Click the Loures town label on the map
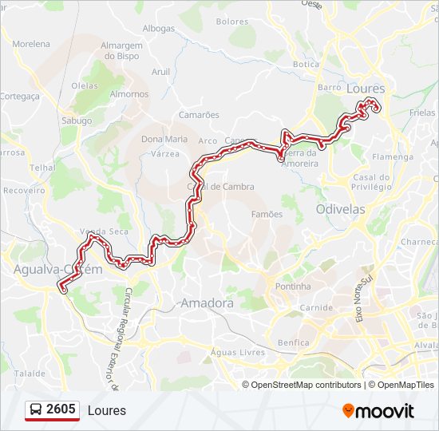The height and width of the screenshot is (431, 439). pyautogui.click(x=366, y=89)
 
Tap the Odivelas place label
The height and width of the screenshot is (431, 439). pyautogui.click(x=340, y=209)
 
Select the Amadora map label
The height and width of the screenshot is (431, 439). pyautogui.click(x=207, y=303)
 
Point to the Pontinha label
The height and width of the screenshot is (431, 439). pyautogui.click(x=293, y=286)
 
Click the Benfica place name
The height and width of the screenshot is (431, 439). pyautogui.click(x=293, y=342)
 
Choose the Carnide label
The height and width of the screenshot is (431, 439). pyautogui.click(x=317, y=307)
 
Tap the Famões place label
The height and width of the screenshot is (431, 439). pyautogui.click(x=267, y=214)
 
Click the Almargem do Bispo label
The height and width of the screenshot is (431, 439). pyautogui.click(x=122, y=51)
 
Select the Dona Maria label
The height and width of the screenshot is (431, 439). pyautogui.click(x=164, y=139)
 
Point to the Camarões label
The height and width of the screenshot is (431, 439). pyautogui.click(x=199, y=115)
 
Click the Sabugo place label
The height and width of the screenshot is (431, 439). pyautogui.click(x=76, y=121)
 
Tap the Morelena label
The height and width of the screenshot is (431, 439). pyautogui.click(x=32, y=44)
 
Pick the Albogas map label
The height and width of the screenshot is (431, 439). pyautogui.click(x=158, y=29)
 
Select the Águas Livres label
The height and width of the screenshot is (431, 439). pyautogui.click(x=231, y=352)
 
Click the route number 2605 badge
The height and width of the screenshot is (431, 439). pyautogui.click(x=61, y=410)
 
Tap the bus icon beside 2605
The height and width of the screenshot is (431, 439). pyautogui.click(x=36, y=410)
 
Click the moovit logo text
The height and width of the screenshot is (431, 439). pyautogui.click(x=378, y=411)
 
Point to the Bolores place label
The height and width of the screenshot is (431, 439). pyautogui.click(x=232, y=22)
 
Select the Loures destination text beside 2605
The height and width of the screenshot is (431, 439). pyautogui.click(x=107, y=411)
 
